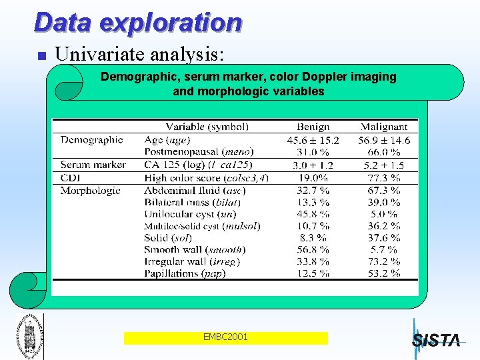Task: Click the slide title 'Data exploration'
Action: coord(137,23)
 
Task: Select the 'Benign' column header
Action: coord(313,127)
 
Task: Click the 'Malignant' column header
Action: coord(383,127)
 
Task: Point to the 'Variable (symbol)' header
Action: coord(207,127)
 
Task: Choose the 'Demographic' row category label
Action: coord(92,139)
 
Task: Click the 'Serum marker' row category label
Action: coord(93,165)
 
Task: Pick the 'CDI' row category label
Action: coord(71,177)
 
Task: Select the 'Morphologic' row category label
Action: coord(91,190)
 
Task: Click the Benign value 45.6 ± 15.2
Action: coord(313,140)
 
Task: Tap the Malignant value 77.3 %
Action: coord(383,178)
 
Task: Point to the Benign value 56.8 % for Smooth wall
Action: coord(313,249)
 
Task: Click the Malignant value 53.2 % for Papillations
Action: coord(383,273)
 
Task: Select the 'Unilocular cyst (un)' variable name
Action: coord(190,214)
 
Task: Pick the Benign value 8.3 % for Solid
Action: coord(313,237)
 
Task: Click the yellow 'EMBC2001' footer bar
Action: coord(225,337)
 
